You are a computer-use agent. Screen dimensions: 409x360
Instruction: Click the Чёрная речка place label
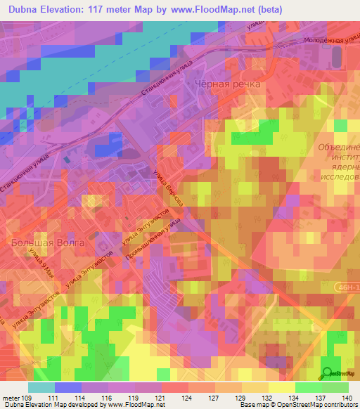point(227,84)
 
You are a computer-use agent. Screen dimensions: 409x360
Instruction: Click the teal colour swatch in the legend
point(41,387)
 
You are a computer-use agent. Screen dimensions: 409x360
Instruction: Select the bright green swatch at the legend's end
point(335,387)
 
